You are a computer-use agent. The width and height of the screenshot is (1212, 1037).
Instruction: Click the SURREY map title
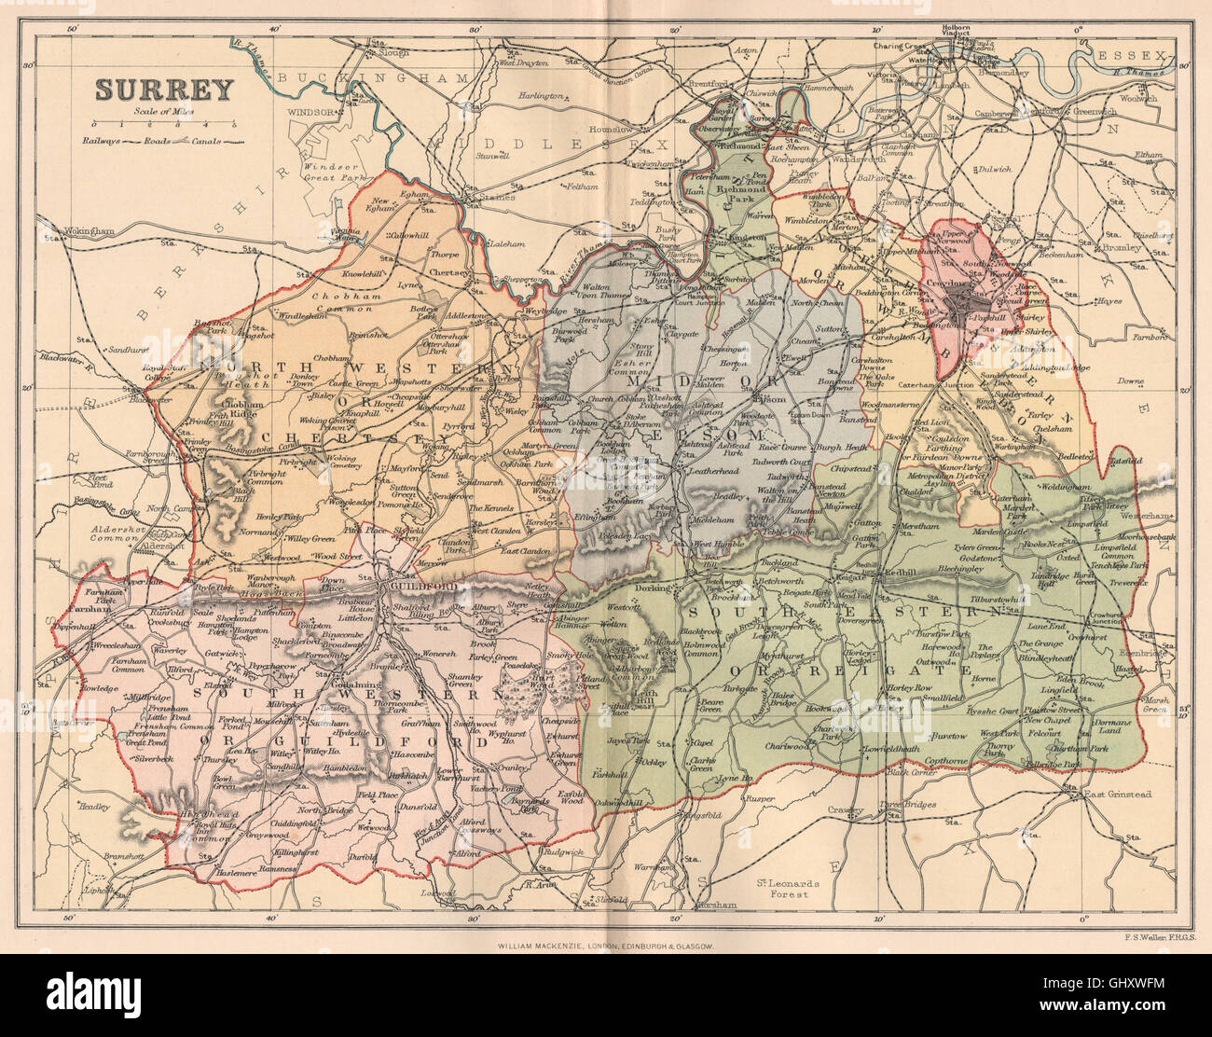coord(162,90)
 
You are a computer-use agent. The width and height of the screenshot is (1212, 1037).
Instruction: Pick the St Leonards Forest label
coord(784,887)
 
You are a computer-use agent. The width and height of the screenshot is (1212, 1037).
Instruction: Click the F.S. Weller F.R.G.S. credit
coord(1145,935)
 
